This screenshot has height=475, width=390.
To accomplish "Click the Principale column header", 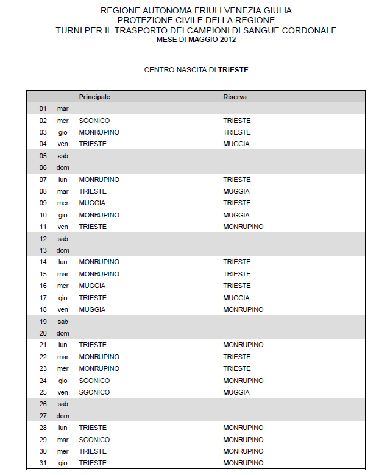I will point(94,97).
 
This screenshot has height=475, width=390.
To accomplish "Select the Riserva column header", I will point(235,97).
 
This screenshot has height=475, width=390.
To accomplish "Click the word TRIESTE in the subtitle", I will point(233,70).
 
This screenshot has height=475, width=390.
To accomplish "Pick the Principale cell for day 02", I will point(94,121).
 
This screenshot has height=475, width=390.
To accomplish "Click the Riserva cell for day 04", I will point(236,144).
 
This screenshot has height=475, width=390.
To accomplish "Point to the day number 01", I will point(43,108).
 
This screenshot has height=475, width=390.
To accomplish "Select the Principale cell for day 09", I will point(92,203).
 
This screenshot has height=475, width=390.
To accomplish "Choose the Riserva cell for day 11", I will point(243,227).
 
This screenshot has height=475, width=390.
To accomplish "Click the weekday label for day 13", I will point(63,250).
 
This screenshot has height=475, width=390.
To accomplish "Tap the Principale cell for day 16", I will point(92,286).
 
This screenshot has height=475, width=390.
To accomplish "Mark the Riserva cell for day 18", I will point(243,309).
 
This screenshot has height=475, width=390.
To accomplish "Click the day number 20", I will point(43,333).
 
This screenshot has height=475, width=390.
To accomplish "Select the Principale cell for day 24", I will point(94,381).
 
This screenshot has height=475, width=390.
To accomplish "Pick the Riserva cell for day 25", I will point(236,392).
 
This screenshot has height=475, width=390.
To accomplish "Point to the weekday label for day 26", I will point(63,404).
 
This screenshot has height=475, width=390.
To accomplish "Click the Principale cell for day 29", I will point(94,440).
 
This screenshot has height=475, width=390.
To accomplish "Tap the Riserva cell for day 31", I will point(243,463).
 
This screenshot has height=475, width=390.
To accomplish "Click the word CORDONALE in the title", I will point(308,30).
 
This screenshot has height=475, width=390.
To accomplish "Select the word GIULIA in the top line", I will point(277,11).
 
